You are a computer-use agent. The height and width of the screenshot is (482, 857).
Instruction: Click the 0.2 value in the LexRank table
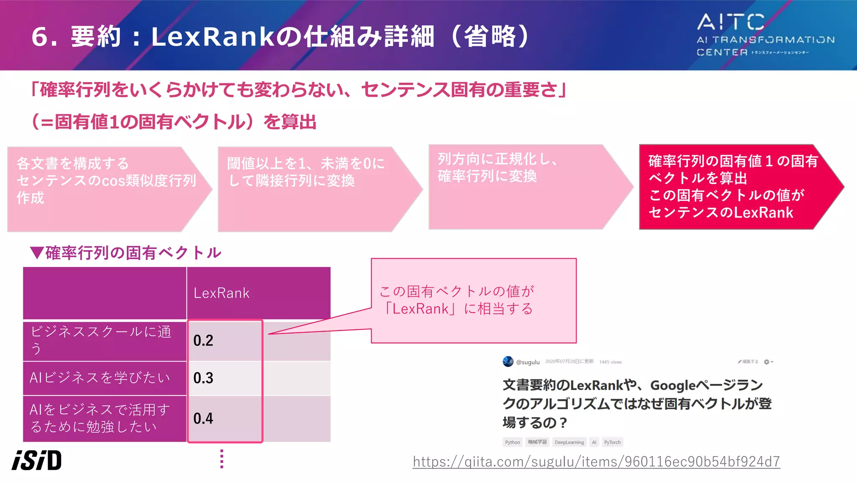tap(203, 341)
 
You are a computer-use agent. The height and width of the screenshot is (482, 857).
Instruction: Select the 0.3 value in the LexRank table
tap(203, 378)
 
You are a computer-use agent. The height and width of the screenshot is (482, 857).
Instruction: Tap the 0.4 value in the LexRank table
tap(203, 418)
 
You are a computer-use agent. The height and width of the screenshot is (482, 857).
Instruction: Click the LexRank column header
tap(222, 293)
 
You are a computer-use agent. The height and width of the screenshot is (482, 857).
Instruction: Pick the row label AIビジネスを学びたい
tap(100, 378)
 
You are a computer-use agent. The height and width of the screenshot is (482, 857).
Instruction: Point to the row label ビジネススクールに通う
tap(100, 340)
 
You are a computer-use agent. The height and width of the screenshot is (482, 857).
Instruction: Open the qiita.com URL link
tap(596, 461)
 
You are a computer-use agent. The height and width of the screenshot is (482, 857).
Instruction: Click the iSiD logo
tap(37, 460)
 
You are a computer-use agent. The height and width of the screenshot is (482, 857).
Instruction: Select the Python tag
tap(512, 442)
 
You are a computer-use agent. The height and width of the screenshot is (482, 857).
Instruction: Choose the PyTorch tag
tap(612, 442)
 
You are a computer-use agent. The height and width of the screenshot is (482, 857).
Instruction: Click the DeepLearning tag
tap(569, 442)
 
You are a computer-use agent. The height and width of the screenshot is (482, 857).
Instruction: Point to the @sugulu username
tap(528, 362)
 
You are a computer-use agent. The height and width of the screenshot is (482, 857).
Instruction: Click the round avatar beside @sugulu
tap(508, 361)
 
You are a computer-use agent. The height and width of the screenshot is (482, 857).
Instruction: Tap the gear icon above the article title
tap(767, 362)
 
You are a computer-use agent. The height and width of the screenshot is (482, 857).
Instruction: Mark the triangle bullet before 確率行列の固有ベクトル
tap(37, 253)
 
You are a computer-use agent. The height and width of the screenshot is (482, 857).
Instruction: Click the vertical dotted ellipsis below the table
tap(222, 459)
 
